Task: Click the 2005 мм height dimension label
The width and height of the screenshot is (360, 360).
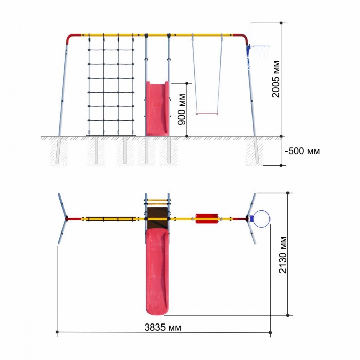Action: pos(276,79)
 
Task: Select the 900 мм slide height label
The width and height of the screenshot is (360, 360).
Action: pos(182,110)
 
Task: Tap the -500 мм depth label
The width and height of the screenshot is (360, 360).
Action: pos(302,151)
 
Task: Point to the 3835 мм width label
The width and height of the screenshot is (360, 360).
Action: pos(163,328)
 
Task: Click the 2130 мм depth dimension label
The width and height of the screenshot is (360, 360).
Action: pos(283,255)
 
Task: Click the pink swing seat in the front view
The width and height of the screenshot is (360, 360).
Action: pos(207,114)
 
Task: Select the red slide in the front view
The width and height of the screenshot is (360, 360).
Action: pos(157,109)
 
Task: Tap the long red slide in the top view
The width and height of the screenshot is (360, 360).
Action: pos(157,272)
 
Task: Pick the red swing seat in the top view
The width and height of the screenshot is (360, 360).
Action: pos(207,219)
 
